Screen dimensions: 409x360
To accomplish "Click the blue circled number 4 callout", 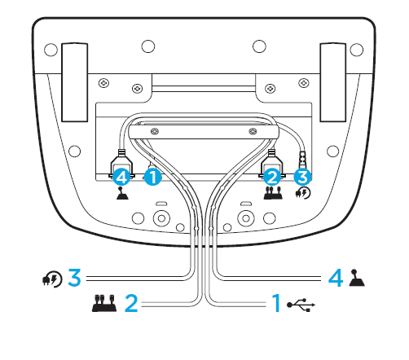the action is pos(121,178).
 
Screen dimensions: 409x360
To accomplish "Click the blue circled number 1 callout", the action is pos(153,178).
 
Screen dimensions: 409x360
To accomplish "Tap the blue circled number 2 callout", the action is pos(272,178).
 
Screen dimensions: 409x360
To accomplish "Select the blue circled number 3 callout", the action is pos(302,177).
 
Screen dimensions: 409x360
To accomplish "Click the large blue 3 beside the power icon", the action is pos(74,277).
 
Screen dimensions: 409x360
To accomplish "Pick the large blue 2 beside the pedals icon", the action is pos(131,303).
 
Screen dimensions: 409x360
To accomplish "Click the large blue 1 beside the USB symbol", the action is pos(276,303).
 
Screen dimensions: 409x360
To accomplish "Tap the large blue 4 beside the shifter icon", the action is pos(336,278).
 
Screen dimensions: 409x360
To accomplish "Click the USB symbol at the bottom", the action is pos(301,305).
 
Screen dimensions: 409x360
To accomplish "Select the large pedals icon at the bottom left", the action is pos(104,303).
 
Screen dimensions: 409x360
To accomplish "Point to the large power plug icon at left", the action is pos(52,279).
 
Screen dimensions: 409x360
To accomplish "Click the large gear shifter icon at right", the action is pos(357,278).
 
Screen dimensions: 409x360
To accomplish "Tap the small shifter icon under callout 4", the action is pos(122,193).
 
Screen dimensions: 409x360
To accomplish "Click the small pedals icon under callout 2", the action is pos(273,193).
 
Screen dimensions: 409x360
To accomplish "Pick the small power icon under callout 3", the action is pos(303,193).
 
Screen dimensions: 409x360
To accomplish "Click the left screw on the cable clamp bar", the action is pos(155,132).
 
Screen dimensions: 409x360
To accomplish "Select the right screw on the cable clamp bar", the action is pos(253,132).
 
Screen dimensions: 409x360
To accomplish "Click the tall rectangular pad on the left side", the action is pos(75,82).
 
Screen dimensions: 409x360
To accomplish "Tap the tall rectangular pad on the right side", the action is pos(333,82).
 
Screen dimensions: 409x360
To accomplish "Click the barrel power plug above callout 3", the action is pos(302,160).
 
